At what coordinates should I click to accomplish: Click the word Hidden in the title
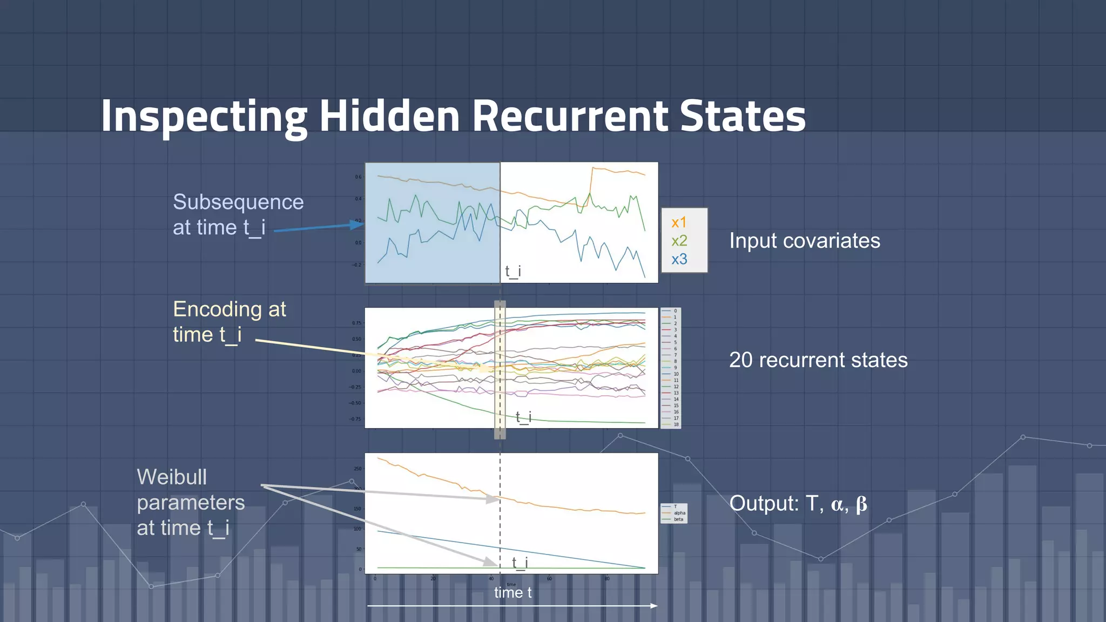(389, 116)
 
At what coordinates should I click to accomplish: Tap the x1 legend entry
(679, 222)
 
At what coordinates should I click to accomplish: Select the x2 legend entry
(679, 241)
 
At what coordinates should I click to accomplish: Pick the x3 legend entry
(679, 259)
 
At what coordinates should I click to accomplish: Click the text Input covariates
(804, 241)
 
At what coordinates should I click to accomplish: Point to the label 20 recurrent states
(818, 360)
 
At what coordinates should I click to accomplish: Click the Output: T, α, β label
(798, 503)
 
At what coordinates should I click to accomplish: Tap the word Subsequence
(238, 202)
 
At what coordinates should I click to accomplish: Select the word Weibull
(172, 477)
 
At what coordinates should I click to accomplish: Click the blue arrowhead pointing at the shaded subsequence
(358, 224)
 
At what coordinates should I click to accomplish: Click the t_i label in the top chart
(513, 271)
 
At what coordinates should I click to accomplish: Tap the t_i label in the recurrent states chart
(523, 417)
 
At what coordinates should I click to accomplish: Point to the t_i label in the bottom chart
(520, 563)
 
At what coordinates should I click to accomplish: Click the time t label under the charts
(512, 593)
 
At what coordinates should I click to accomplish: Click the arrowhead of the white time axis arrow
(654, 606)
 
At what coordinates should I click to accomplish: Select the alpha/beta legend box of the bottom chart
(673, 513)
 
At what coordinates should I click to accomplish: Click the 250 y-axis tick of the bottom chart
(358, 469)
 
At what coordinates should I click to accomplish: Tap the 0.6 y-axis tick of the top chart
(358, 177)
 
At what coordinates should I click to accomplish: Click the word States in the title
(742, 116)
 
